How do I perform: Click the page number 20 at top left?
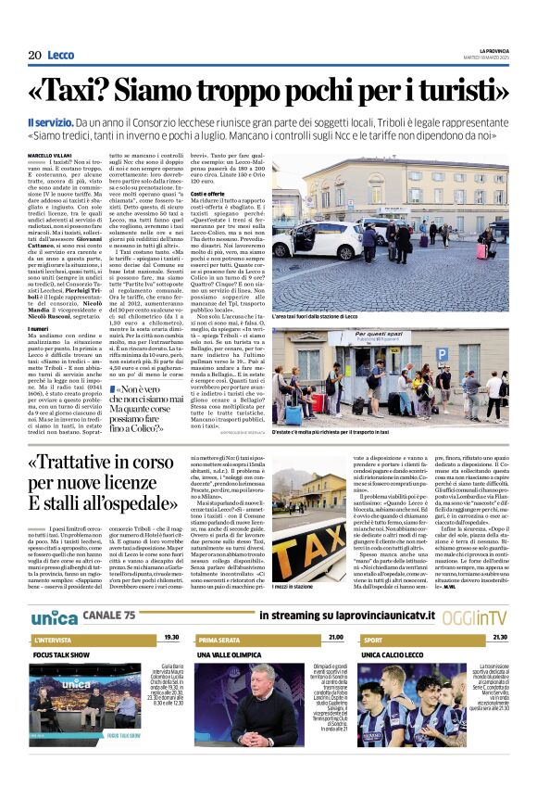tap(34, 56)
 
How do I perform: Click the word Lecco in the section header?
tap(60, 56)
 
